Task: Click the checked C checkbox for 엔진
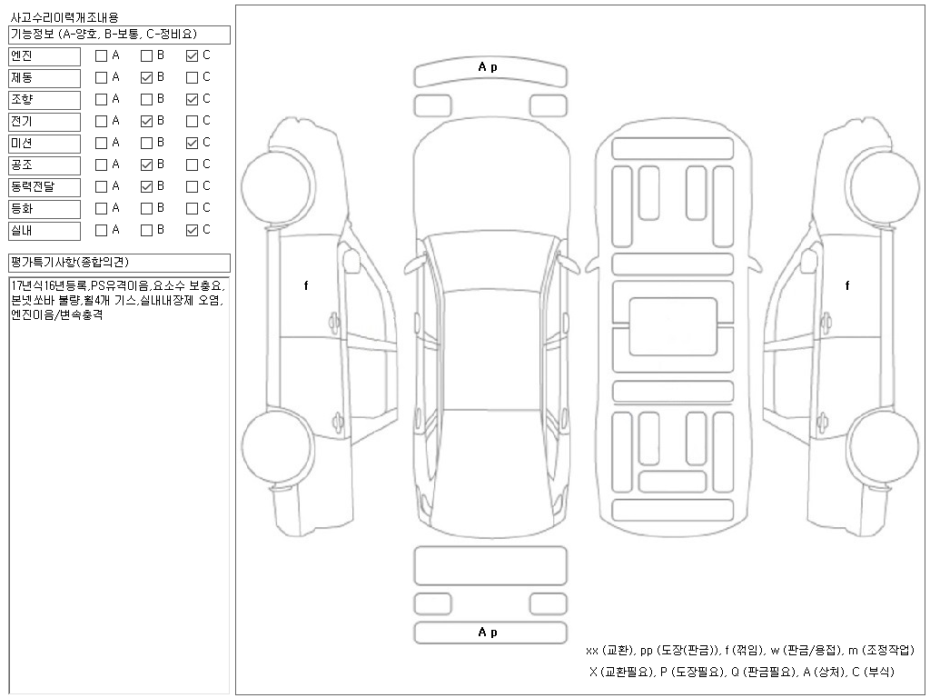[192, 55]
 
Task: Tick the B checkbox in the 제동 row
[146, 77]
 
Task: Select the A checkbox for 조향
[101, 99]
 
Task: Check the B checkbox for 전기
[146, 121]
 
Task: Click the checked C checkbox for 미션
[192, 143]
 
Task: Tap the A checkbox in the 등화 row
[101, 208]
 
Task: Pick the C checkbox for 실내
[192, 230]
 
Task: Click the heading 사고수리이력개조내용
[64, 17]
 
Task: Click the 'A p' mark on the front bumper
[488, 67]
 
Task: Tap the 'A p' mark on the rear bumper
[488, 633]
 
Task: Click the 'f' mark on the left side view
[306, 285]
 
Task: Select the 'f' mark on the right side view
[847, 285]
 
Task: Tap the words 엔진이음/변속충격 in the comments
[56, 314]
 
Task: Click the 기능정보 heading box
[118, 35]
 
